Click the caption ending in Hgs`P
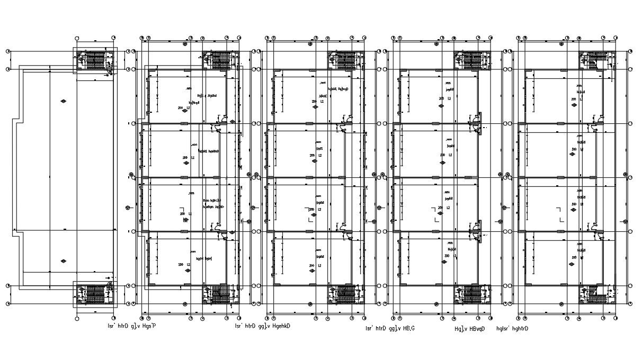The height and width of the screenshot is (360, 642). [131, 326]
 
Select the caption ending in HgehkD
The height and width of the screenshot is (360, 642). [262, 326]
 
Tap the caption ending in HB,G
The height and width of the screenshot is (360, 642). [386, 328]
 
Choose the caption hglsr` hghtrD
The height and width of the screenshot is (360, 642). [512, 328]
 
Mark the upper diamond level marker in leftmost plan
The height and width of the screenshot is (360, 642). [64, 101]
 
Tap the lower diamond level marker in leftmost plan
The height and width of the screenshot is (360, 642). [64, 261]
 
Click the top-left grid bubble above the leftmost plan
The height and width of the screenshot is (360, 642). [77, 38]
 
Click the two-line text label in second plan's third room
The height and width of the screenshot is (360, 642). [213, 203]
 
